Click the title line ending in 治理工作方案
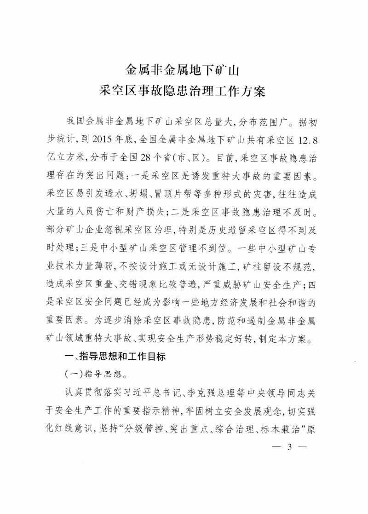[184, 90]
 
